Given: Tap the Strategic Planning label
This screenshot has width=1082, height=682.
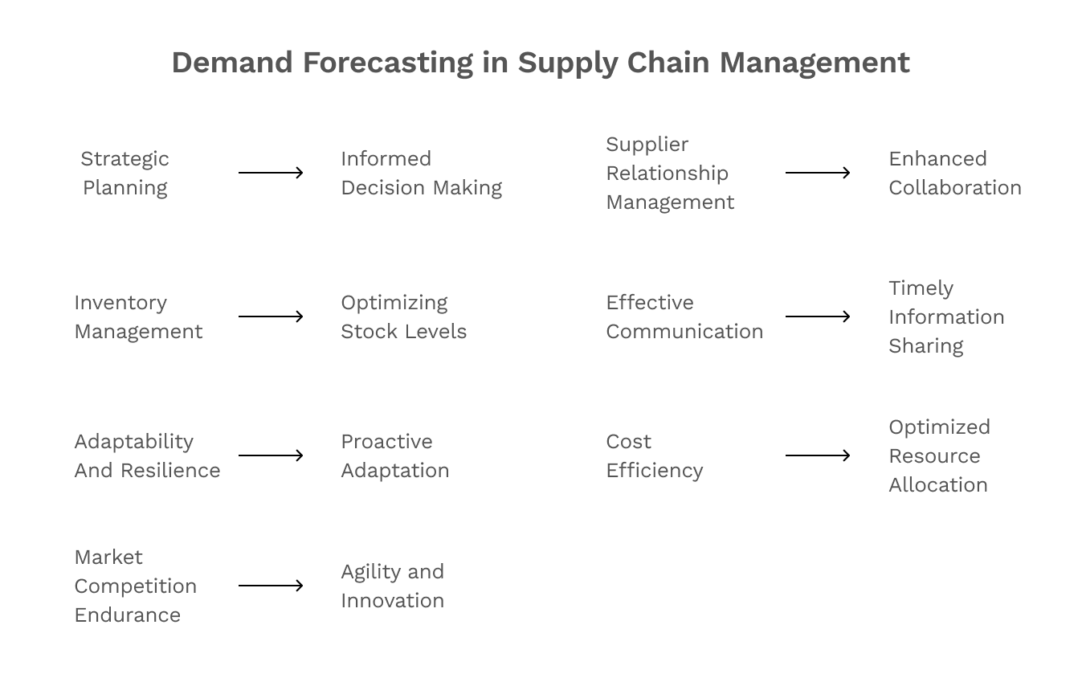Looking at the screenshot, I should pyautogui.click(x=125, y=173).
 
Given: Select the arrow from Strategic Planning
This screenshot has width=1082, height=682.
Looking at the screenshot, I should pyautogui.click(x=271, y=173).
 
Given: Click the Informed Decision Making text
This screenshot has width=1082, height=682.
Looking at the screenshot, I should pyautogui.click(x=421, y=173).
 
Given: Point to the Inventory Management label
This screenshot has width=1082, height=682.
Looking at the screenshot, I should pyautogui.click(x=138, y=316).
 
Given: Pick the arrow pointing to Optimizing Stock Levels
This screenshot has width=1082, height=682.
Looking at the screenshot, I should pyautogui.click(x=271, y=316).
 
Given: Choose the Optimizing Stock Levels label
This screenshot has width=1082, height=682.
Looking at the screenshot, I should pyautogui.click(x=403, y=316).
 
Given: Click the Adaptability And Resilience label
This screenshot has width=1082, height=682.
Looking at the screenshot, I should pyautogui.click(x=147, y=455).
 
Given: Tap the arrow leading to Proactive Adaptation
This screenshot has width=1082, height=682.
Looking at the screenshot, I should pyautogui.click(x=271, y=455).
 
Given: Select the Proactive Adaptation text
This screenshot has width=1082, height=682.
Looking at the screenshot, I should pyautogui.click(x=394, y=455).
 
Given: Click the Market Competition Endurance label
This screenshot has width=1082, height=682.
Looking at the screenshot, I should pyautogui.click(x=135, y=586).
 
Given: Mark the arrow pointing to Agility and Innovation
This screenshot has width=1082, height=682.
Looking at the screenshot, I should pyautogui.click(x=271, y=586).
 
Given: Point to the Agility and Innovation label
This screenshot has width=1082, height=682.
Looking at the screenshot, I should pyautogui.click(x=392, y=586).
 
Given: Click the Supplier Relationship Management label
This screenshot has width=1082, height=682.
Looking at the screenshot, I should pyautogui.click(x=669, y=173).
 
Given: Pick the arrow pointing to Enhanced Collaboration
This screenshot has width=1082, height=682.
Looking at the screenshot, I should pyautogui.click(x=818, y=173).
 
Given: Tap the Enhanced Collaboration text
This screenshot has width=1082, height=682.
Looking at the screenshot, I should pyautogui.click(x=954, y=173).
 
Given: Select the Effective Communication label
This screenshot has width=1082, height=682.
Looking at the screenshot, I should pyautogui.click(x=684, y=316).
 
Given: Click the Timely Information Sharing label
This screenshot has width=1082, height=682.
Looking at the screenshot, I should pyautogui.click(x=946, y=316).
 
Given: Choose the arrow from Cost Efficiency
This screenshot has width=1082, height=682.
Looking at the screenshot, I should pyautogui.click(x=818, y=455).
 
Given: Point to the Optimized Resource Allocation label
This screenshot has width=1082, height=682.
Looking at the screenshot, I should pyautogui.click(x=939, y=455).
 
